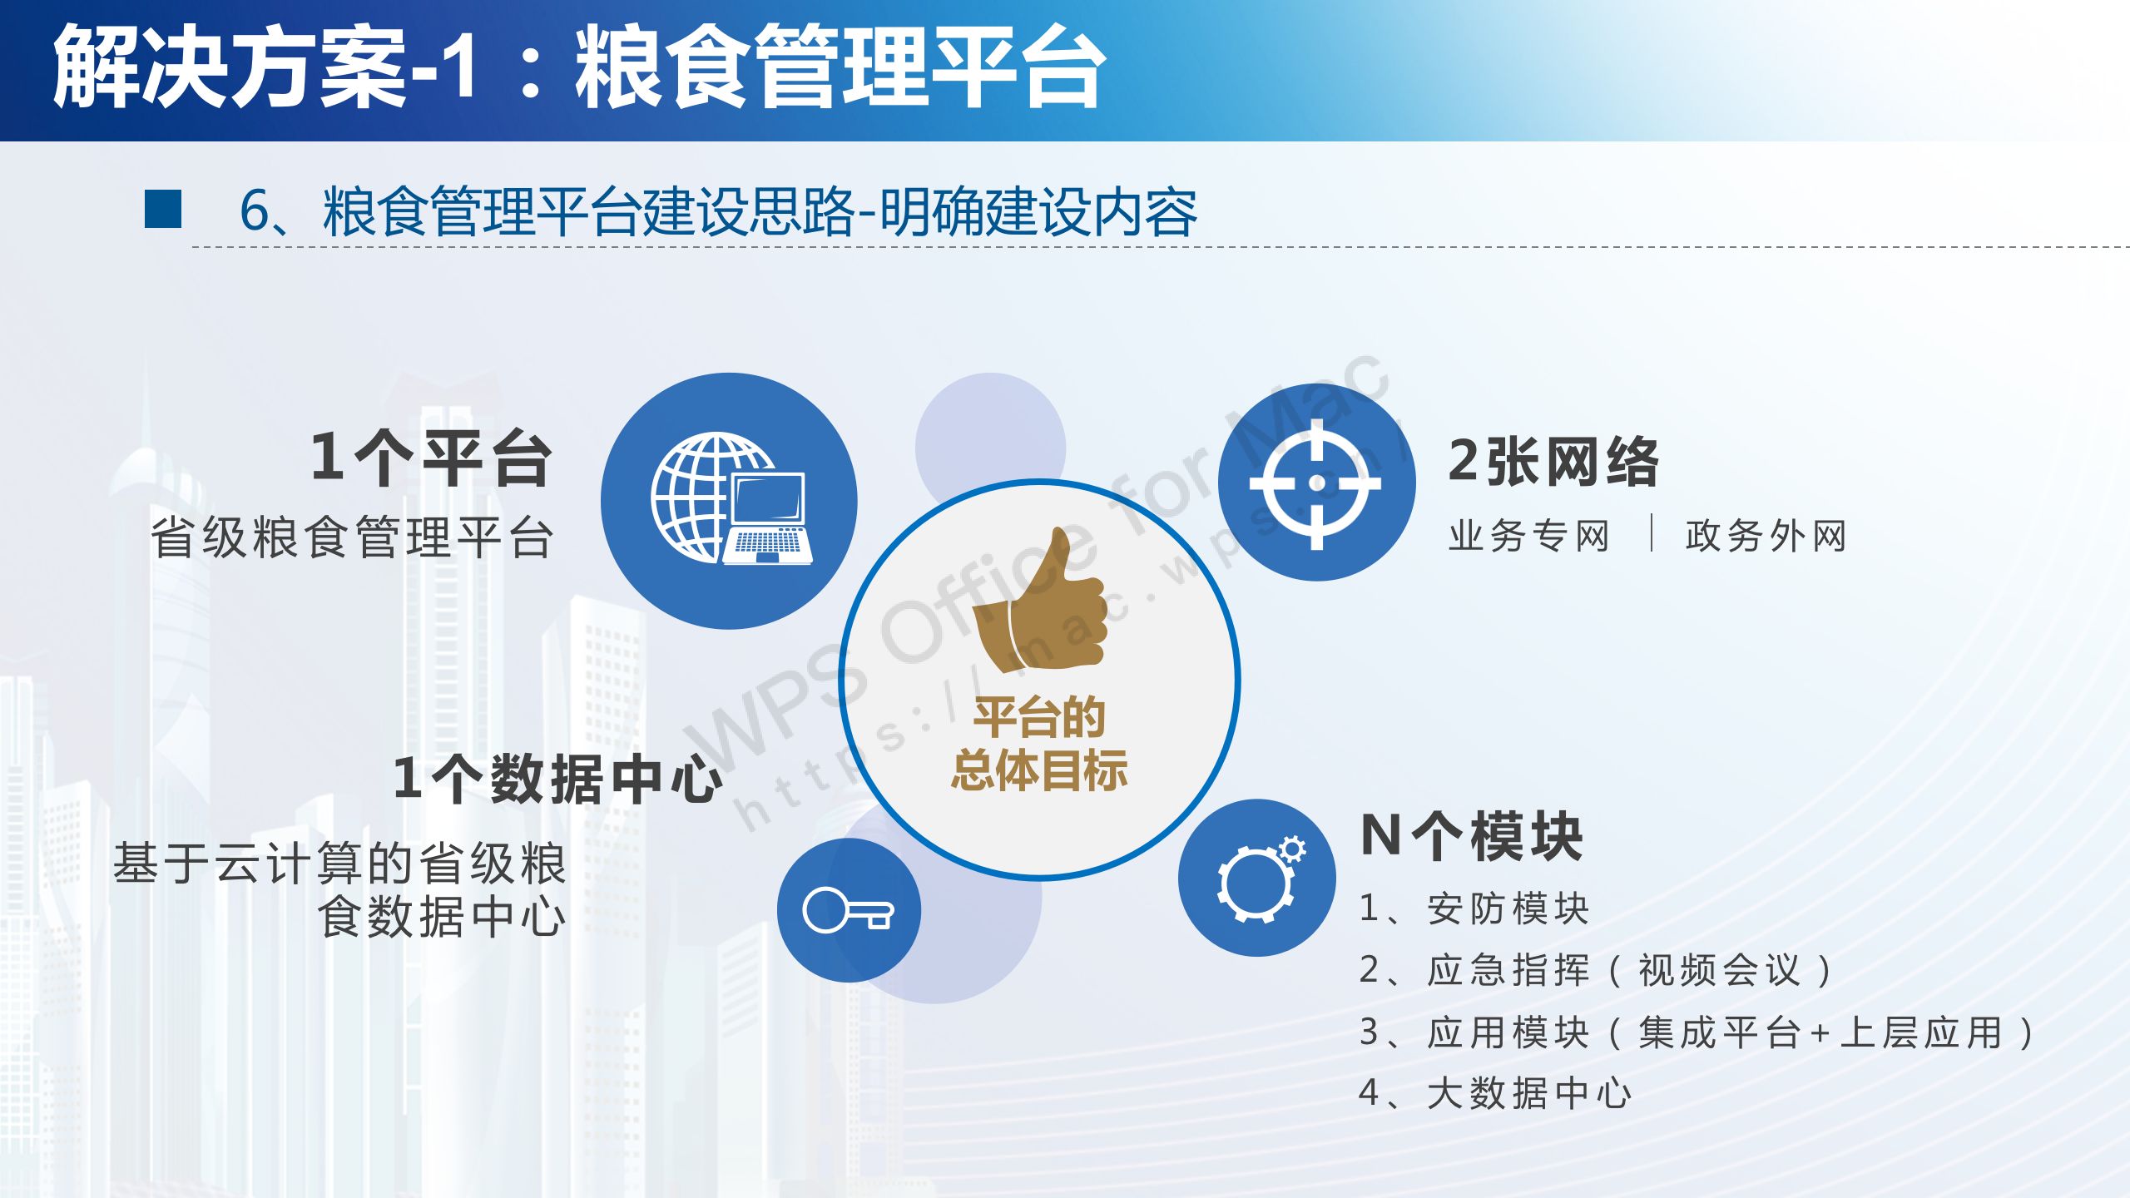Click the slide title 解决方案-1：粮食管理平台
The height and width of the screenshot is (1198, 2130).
pos(579,67)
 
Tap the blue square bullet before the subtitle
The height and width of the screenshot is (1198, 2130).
pos(163,209)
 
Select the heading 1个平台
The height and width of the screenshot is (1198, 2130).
pos(431,458)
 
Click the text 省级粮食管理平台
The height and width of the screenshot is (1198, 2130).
pos(352,537)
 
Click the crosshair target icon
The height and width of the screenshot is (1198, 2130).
pos(1316,483)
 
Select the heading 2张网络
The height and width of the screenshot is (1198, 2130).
pos(1553,462)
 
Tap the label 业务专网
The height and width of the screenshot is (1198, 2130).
pos(1529,536)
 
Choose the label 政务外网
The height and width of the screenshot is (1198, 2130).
pos(1766,536)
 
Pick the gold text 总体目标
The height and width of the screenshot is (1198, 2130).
pos(1040,770)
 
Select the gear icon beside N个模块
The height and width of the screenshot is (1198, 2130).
pos(1260,879)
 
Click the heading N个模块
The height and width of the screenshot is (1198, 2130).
pos(1472,836)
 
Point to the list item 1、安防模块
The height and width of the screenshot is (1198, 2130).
pos(1474,908)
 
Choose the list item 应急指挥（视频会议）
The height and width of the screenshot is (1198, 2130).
pos(1631,970)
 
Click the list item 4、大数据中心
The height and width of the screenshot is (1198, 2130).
pos(1495,1093)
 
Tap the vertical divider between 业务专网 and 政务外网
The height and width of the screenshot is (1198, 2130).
pos(1652,533)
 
